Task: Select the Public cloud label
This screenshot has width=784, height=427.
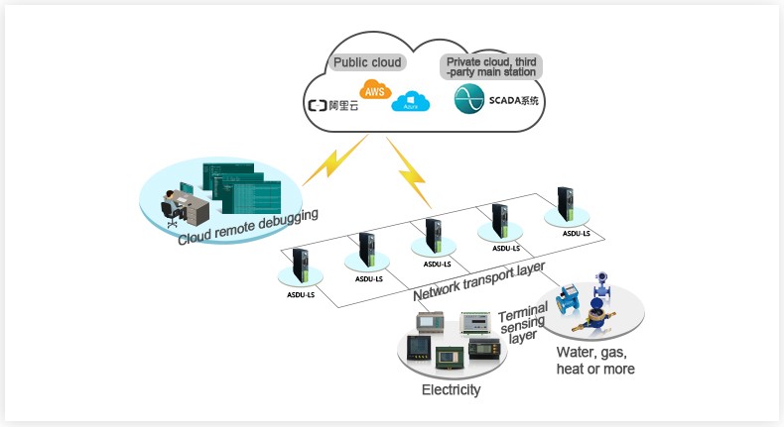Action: click(367, 62)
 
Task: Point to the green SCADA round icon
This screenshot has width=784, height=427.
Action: click(468, 99)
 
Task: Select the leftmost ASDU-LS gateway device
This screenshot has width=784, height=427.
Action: click(300, 268)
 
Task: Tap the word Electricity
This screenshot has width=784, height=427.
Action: click(451, 390)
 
